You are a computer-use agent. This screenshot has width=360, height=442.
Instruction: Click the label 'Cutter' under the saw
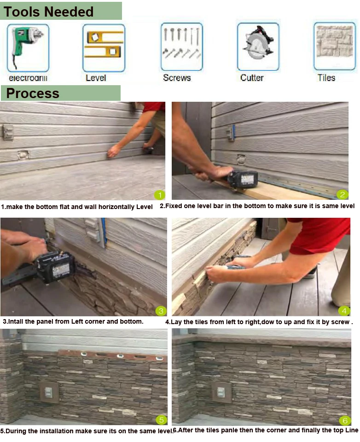tap(252, 78)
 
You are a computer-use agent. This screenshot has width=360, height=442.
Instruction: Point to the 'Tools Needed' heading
tap(48, 12)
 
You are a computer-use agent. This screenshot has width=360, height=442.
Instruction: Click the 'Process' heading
tap(33, 93)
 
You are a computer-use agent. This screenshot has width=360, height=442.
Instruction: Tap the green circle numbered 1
tap(160, 195)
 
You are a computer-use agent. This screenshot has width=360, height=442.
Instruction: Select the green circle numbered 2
tap(342, 194)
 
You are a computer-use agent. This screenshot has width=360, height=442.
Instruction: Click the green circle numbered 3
tap(161, 311)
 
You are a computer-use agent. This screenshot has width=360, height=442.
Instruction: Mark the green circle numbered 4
tap(344, 311)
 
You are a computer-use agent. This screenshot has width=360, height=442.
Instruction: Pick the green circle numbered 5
tap(161, 420)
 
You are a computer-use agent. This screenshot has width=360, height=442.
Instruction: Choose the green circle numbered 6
tap(345, 420)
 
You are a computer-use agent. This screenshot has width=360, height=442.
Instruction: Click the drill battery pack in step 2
tap(243, 179)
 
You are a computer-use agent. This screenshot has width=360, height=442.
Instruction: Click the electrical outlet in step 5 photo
tap(49, 392)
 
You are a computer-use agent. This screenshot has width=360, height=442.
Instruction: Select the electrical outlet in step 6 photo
tap(221, 392)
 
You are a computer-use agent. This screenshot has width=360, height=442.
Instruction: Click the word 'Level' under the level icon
tap(96, 78)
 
